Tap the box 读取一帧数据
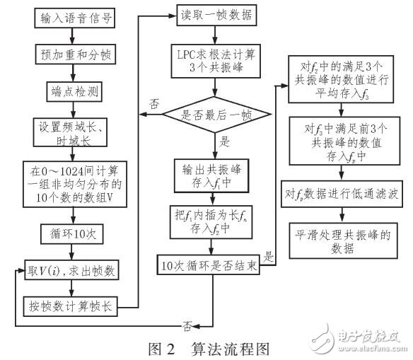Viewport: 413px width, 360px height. coord(213,15)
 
